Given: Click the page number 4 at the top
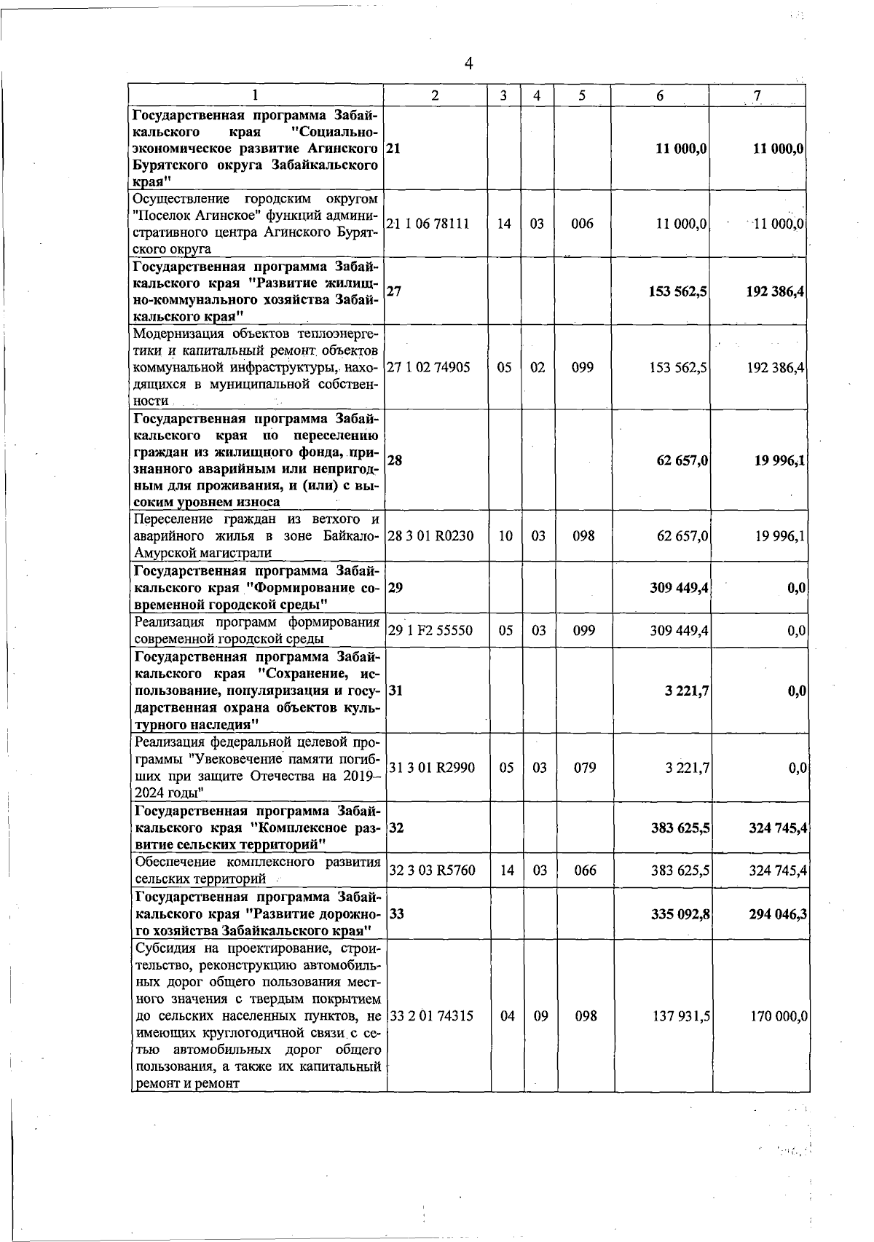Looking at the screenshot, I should (x=468, y=64).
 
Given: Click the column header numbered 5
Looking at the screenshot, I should (x=582, y=95).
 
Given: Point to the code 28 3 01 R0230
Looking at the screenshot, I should (x=430, y=536).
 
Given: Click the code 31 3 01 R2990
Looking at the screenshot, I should (x=431, y=767).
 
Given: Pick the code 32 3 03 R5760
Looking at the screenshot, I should (x=431, y=870).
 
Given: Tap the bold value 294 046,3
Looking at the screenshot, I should (x=777, y=913).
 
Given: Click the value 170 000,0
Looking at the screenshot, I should (x=779, y=1015).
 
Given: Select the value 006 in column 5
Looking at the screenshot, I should (x=582, y=224).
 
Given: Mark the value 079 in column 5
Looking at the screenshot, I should (x=584, y=767).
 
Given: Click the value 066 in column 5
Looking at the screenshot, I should (x=584, y=870).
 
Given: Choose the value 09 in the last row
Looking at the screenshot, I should (x=540, y=1015).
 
